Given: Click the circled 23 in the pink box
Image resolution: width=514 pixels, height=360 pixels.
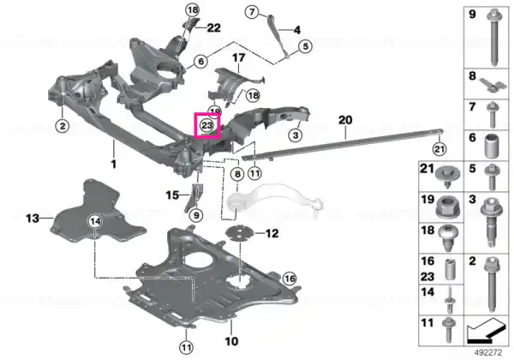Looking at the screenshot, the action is [207, 125].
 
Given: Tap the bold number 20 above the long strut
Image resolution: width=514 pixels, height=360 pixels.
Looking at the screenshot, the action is [345, 120].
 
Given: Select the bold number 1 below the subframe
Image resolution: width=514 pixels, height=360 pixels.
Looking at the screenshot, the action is [114, 164].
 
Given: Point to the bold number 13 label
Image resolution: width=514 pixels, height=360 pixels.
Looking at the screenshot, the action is [33, 218].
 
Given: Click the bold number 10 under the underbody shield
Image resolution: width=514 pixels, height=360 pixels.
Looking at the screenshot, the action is [231, 341].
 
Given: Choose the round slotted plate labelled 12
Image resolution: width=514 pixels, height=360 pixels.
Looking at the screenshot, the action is [239, 233].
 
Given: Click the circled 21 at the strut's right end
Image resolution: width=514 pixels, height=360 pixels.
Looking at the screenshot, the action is [439, 149].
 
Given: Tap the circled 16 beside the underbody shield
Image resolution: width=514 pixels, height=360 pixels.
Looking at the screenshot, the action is [290, 279].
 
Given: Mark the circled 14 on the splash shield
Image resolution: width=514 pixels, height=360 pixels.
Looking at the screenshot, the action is [95, 222].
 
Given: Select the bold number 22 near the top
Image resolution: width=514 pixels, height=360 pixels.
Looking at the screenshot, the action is [213, 28].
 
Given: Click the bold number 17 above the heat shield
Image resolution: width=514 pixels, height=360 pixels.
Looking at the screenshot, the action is [239, 57].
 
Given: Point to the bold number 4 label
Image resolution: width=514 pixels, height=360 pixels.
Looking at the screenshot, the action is [297, 30].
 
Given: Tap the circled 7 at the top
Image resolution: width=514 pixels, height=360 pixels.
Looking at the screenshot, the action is [252, 12].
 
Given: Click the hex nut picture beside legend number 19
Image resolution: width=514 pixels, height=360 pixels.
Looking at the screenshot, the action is [448, 207].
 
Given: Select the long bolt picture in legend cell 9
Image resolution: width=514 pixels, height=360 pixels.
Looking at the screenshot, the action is [493, 38].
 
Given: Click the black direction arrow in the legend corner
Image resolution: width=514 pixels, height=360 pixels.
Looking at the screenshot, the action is [485, 331].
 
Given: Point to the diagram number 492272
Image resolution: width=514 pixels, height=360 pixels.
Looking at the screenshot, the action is [489, 353].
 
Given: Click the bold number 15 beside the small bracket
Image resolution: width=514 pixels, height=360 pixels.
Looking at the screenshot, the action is [172, 195].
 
